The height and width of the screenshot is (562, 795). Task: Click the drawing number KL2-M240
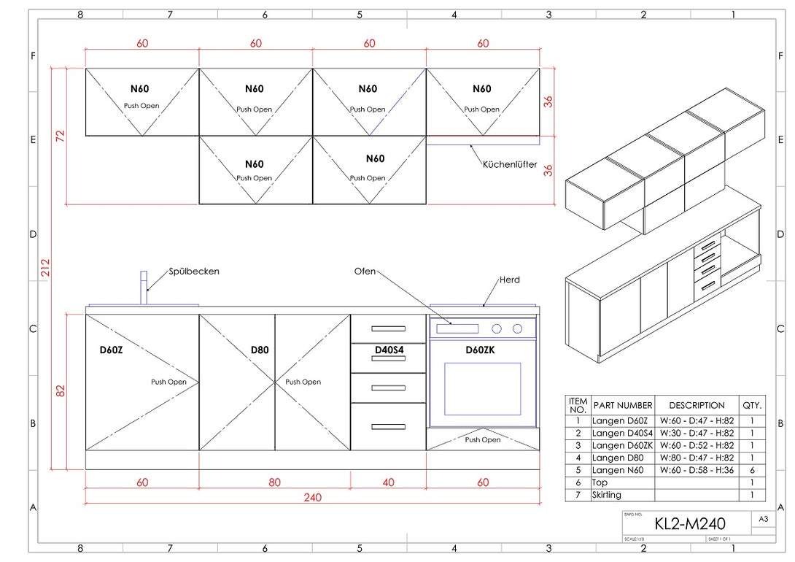pos(689,523)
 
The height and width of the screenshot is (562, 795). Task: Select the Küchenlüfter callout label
pos(510,165)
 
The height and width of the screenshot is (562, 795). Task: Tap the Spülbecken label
pos(194,272)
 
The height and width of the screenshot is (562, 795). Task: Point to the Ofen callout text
pos(365,272)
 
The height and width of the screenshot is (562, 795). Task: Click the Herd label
pos(510,280)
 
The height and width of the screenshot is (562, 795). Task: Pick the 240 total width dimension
pos(312,498)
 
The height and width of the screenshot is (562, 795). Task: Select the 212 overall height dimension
pos(44,268)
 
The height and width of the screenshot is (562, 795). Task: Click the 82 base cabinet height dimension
pos(61,391)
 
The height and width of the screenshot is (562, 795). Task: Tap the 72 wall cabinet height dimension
pos(61,136)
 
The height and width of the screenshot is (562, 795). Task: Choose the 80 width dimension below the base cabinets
pos(274,482)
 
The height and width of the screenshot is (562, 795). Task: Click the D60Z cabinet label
pos(112,350)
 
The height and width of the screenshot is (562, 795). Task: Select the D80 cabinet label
pos(260,350)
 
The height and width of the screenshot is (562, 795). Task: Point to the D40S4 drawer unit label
pos(389,350)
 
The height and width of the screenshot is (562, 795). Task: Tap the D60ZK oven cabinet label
pos(481,350)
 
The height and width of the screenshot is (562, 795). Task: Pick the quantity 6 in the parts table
pos(751,470)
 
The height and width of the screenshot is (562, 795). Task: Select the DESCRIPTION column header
pos(697,405)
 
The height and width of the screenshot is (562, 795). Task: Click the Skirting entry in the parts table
pos(607,495)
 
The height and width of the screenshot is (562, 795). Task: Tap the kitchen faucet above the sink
pos(144,288)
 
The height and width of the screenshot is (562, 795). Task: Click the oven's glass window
pos(482,388)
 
